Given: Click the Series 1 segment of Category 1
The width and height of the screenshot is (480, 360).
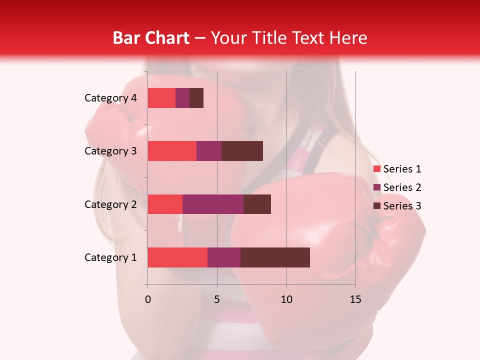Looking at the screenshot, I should [x=177, y=257].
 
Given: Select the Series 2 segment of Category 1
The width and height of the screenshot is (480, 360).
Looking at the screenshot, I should [x=224, y=257].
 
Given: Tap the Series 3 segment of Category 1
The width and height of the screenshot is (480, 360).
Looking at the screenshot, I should [x=275, y=257].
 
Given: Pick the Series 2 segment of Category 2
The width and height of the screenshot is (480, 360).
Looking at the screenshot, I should [x=213, y=204].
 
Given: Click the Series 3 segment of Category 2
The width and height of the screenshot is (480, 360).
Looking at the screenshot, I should [x=257, y=204].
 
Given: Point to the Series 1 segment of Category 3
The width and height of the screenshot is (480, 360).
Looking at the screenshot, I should [x=172, y=151].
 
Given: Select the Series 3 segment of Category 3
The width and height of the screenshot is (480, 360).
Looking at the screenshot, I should [x=242, y=151].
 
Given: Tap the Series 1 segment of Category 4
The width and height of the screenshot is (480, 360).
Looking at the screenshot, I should [x=161, y=98].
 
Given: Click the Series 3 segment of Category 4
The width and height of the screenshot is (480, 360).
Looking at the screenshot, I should [x=196, y=98].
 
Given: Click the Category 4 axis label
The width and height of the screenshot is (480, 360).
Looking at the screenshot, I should [x=110, y=98].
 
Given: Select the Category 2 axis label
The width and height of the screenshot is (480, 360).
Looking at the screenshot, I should [x=110, y=204].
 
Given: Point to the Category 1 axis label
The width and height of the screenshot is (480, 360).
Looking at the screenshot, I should [x=110, y=257].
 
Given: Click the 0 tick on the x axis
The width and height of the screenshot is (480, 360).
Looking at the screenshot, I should [x=148, y=299].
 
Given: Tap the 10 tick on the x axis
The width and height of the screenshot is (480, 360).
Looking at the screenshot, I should [x=286, y=299].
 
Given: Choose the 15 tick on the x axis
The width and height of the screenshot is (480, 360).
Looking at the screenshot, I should [x=355, y=299].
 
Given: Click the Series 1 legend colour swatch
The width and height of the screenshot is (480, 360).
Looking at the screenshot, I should [x=376, y=169].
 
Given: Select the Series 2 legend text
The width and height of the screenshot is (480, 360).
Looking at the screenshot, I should [x=402, y=187].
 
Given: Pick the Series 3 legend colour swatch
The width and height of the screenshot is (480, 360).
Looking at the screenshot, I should [x=376, y=206].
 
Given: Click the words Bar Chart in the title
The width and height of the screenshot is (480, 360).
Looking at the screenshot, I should [x=150, y=38].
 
